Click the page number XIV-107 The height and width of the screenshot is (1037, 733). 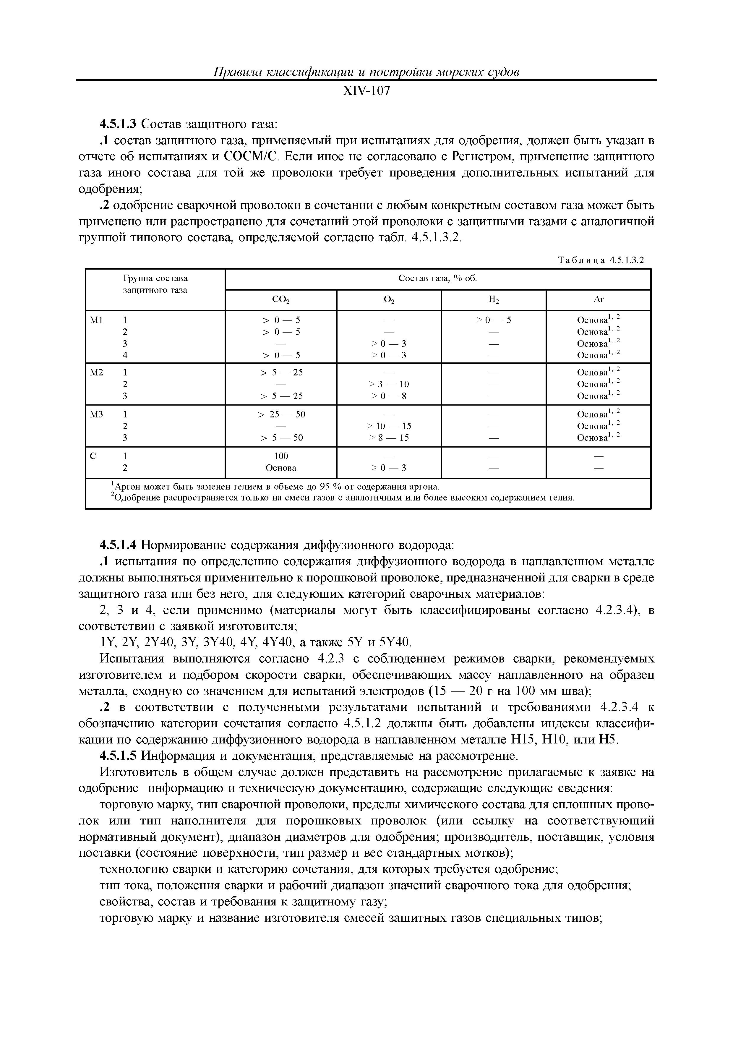(x=366, y=91)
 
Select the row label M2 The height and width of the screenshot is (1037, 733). (x=97, y=372)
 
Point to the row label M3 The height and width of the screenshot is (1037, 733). (x=97, y=414)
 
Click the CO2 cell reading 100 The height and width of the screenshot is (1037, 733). (x=280, y=456)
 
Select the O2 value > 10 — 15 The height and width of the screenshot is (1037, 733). (x=389, y=426)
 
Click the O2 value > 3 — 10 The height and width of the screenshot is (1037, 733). (x=389, y=384)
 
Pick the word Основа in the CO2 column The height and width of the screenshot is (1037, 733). (x=280, y=468)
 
